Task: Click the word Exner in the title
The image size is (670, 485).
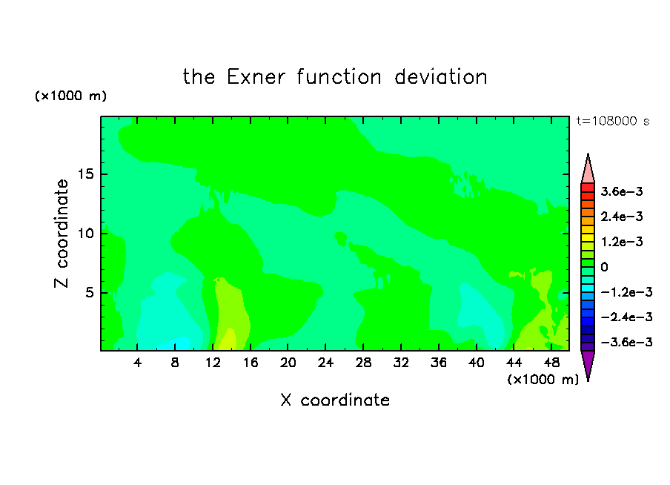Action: pos(256,77)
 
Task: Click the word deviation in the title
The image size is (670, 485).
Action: pos(441,77)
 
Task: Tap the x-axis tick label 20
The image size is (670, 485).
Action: pos(288,363)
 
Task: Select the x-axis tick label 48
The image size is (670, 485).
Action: pos(551,363)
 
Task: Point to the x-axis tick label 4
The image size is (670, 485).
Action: pos(137,363)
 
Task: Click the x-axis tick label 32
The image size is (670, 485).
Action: pos(401,363)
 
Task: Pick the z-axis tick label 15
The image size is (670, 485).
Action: pos(85,174)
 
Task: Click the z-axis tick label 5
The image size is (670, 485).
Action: pos(89,292)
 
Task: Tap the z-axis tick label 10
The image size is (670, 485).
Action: pos(85,234)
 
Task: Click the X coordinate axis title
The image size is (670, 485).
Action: pos(336,400)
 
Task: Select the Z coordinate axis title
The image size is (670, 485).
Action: pos(62,234)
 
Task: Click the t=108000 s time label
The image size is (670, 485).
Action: pos(613,122)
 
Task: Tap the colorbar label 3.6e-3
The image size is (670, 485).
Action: pos(622,191)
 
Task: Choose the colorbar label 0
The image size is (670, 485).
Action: pos(604,267)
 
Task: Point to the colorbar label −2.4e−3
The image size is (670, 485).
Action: pos(626,317)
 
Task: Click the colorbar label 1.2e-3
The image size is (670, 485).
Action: pos(622,242)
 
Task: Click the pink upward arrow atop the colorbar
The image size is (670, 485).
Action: pos(588,168)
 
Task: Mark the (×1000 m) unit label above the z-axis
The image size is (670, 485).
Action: pos(70,96)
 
